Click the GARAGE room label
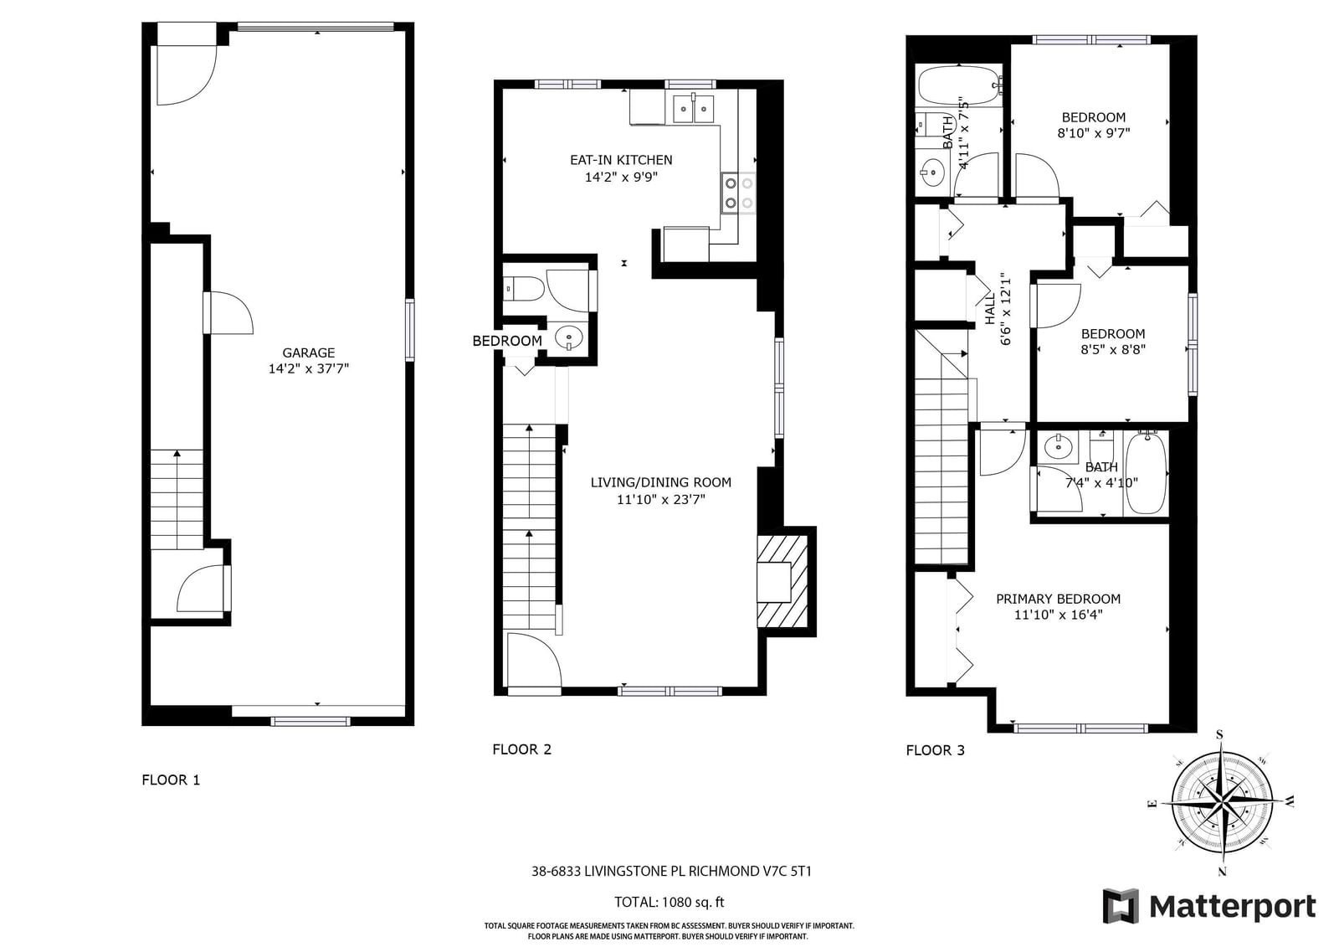[309, 353]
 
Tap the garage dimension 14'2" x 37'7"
[309, 368]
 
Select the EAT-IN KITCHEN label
[621, 160]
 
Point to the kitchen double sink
[694, 108]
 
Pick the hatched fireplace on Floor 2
[782, 581]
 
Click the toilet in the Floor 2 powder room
[523, 289]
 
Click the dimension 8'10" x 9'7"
[1093, 133]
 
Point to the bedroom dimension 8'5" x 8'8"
[1112, 349]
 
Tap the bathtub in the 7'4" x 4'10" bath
[1146, 473]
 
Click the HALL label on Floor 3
[991, 308]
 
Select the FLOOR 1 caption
[171, 780]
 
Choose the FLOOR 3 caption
[935, 750]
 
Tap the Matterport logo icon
[1121, 906]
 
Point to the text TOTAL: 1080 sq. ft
[669, 902]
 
